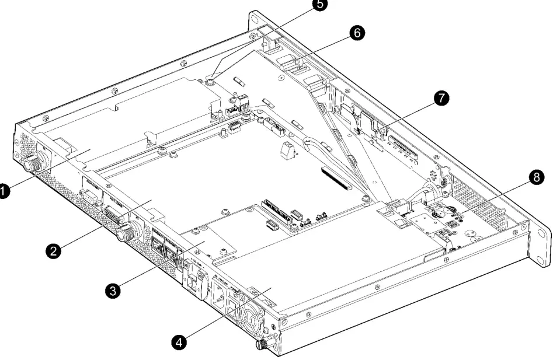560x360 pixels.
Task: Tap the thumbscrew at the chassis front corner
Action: [x=262, y=345]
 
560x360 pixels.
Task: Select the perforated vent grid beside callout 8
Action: [x=489, y=204]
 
